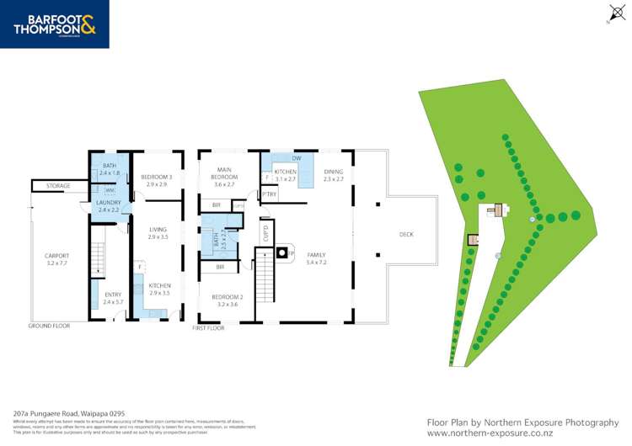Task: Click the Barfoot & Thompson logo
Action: click(x=55, y=24)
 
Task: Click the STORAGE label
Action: click(x=58, y=185)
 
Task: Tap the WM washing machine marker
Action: click(x=110, y=191)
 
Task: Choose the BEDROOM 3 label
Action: click(x=158, y=179)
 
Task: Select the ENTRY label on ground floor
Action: click(x=113, y=297)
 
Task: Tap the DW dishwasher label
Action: click(x=297, y=158)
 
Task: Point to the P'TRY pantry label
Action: click(x=270, y=195)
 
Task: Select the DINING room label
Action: click(x=334, y=174)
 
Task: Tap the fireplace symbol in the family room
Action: click(x=284, y=252)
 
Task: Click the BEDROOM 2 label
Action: click(x=227, y=300)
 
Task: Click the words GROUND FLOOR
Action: click(x=49, y=325)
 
